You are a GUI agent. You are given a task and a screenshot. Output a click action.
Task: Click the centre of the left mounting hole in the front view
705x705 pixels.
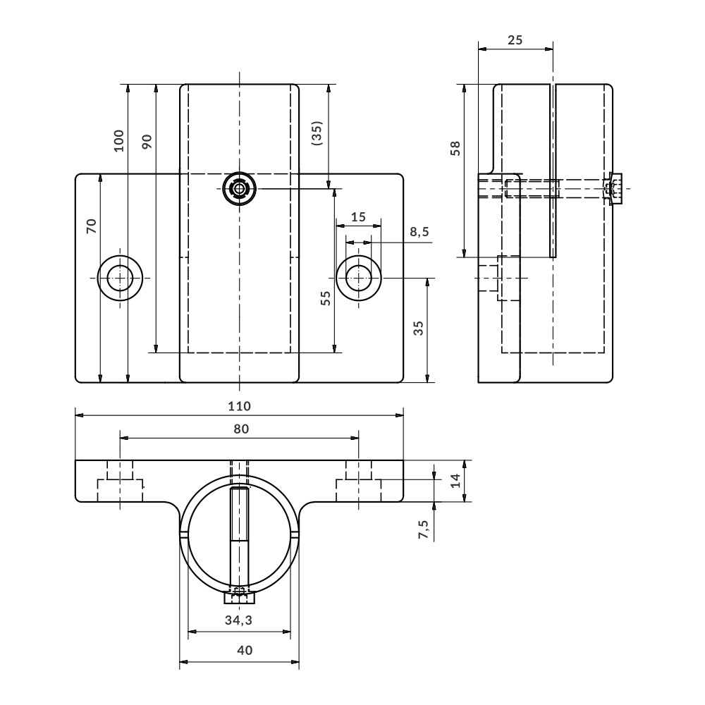[x=120, y=278]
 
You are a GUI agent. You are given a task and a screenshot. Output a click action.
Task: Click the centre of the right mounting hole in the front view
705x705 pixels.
[x=358, y=278]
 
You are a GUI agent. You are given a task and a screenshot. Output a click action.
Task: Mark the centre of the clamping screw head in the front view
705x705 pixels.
[x=239, y=188]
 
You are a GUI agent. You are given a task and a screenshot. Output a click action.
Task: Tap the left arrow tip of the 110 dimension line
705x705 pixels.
[x=75, y=416]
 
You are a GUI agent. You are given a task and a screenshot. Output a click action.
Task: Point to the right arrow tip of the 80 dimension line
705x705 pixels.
[x=359, y=438]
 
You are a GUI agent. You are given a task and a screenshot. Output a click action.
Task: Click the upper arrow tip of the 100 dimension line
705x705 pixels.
[x=128, y=85]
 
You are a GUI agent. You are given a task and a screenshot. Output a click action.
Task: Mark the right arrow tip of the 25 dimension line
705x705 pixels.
[x=553, y=49]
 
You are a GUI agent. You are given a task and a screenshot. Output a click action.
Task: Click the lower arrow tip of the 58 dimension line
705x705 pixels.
[x=465, y=257]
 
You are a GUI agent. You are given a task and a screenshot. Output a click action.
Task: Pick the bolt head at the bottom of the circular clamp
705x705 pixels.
[x=239, y=598]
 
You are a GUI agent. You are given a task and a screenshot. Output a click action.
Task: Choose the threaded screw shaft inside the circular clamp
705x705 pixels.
[x=239, y=539]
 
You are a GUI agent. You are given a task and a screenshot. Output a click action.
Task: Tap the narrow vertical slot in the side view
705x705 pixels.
[x=553, y=171]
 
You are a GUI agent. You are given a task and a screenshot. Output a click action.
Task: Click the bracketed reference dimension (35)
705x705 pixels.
[x=317, y=133]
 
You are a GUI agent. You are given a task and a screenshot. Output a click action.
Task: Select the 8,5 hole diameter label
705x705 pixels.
[x=419, y=232]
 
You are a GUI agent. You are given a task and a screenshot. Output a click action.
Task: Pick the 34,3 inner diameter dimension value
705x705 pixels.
[x=239, y=620]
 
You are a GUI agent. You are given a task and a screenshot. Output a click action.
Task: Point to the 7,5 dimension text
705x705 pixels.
[x=424, y=529]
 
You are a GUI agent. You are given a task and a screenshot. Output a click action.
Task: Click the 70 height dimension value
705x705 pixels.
[x=92, y=226]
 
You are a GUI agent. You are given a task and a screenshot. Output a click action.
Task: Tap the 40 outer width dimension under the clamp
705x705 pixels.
[x=244, y=650]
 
